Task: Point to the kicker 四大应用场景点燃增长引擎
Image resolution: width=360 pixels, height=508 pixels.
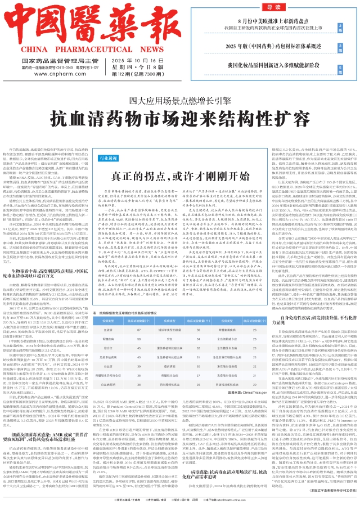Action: (180, 86)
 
